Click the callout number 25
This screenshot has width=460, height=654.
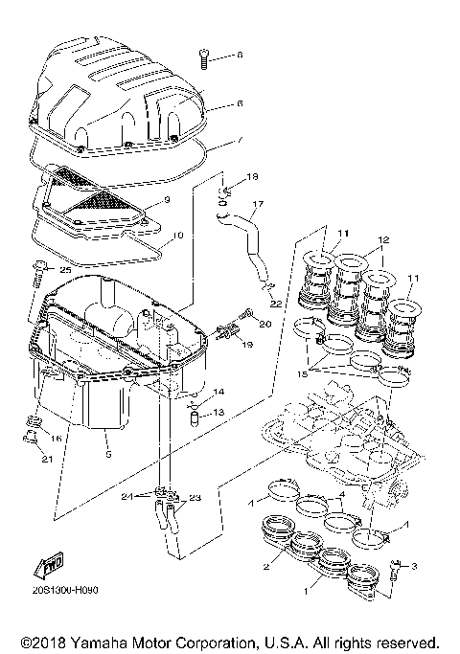65,271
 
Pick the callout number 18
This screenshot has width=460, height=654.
253,178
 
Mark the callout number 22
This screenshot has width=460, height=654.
276,304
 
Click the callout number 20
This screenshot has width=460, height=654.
265,323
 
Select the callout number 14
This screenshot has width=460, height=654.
218,393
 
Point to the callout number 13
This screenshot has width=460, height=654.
218,412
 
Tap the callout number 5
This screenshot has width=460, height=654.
107,455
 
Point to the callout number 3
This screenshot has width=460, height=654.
415,567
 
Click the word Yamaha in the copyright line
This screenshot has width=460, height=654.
114,641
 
